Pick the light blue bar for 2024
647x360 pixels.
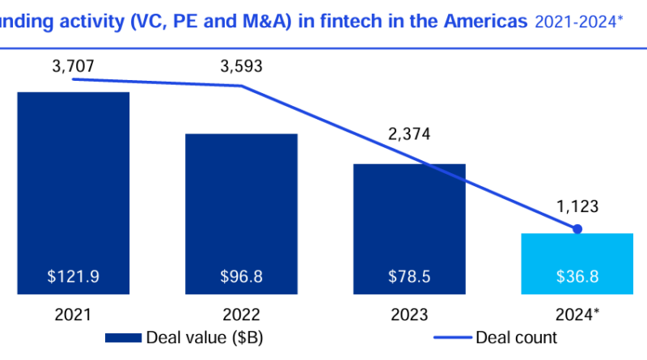pos(577,259)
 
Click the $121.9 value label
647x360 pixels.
pos(73,277)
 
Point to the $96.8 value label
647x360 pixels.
pos(241,277)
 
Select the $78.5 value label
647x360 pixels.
pos(409,277)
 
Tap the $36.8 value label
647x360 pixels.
pos(577,277)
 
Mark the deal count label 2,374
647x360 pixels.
pos(409,133)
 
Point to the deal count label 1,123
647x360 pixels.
pos(577,207)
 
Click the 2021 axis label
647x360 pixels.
pos(73,314)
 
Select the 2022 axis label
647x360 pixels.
pos(241,314)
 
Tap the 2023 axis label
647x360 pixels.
pos(409,314)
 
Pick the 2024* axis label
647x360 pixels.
pos(577,314)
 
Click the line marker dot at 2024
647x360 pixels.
pos(577,230)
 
